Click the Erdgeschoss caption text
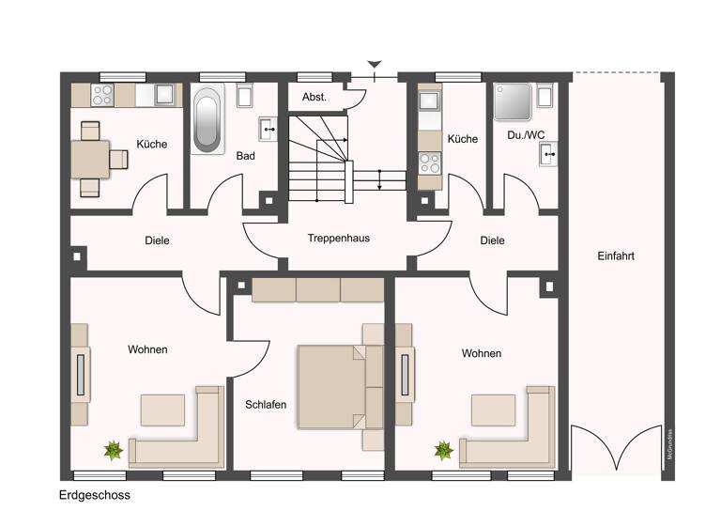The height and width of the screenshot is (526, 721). [93, 495]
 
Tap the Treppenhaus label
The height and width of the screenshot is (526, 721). [338, 239]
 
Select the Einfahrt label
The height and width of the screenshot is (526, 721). [615, 255]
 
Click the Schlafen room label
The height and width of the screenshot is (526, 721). [266, 405]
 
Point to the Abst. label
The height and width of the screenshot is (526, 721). [314, 98]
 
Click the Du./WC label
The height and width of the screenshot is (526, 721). [526, 135]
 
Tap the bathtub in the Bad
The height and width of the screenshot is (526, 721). [209, 121]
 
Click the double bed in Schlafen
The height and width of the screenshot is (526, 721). [335, 386]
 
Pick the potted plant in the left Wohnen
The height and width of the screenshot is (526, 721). [114, 451]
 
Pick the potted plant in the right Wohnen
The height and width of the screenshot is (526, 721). [443, 451]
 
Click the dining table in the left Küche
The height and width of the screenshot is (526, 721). [92, 157]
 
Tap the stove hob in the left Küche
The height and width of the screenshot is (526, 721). [101, 95]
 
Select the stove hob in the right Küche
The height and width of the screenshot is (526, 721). [429, 161]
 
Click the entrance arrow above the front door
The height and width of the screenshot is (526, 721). [375, 65]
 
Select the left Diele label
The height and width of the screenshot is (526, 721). [157, 240]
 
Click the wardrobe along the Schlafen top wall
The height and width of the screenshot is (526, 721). [317, 288]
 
